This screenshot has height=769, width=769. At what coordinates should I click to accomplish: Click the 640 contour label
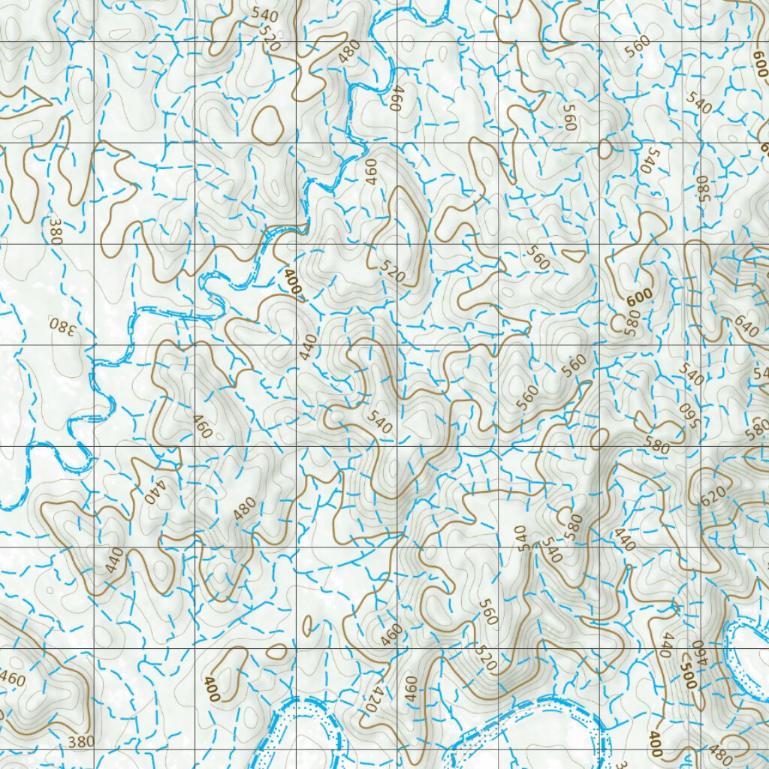point(747,327)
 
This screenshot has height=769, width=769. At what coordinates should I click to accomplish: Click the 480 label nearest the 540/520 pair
point(348,51)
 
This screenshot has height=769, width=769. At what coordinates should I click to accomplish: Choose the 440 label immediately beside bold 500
point(665,645)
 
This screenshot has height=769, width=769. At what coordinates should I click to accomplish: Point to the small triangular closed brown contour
point(574,255)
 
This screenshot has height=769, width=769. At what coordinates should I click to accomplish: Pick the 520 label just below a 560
point(486,660)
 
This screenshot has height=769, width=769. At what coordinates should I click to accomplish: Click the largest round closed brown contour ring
point(267,124)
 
